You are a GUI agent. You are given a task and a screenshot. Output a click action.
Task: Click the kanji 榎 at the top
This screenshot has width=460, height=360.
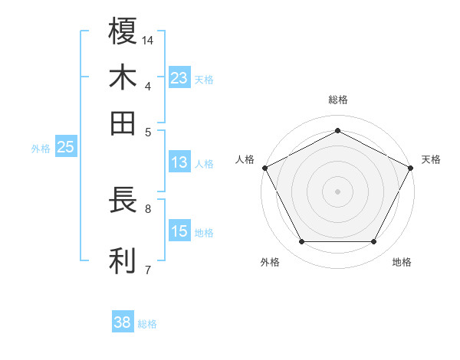tap(123, 31)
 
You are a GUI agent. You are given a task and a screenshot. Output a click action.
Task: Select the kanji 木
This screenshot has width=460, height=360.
tap(123, 78)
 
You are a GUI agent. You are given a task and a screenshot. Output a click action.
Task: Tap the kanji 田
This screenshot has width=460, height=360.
tap(123, 123)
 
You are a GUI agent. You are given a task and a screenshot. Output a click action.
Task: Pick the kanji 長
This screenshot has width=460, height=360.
tap(123, 201)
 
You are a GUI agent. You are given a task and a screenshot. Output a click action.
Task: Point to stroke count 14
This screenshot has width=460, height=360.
tap(149, 40)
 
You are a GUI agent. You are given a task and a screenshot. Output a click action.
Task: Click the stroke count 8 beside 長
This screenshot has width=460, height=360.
tap(148, 208)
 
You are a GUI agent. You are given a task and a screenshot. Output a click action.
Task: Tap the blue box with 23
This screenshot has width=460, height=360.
tap(179, 78)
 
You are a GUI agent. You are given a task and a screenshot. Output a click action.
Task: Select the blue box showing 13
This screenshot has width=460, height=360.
tap(179, 162)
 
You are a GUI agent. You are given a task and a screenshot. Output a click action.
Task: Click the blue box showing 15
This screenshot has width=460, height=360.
tap(179, 231)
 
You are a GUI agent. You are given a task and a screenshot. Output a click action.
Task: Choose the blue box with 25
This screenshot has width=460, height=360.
tap(65, 148)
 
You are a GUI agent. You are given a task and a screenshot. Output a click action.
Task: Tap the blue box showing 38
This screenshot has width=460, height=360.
tap(123, 322)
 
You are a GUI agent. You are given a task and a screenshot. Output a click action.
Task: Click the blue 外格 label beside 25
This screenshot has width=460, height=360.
tap(41, 149)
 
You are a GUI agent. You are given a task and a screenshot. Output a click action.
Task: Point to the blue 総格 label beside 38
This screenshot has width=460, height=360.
tap(147, 324)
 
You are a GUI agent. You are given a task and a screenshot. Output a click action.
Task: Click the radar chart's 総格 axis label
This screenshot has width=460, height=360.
tap(337, 100)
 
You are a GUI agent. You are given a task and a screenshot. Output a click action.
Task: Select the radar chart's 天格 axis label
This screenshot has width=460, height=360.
tap(431, 159)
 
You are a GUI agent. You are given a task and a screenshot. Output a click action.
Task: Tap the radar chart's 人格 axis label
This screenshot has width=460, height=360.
tap(245, 159)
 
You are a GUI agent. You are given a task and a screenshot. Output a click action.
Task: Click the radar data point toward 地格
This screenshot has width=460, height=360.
tap(373, 242)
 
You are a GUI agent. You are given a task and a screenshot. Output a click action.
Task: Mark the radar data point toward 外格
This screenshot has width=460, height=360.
tap(301, 242)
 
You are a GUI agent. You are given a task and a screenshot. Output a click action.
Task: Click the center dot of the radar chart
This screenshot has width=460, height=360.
tap(337, 191)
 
